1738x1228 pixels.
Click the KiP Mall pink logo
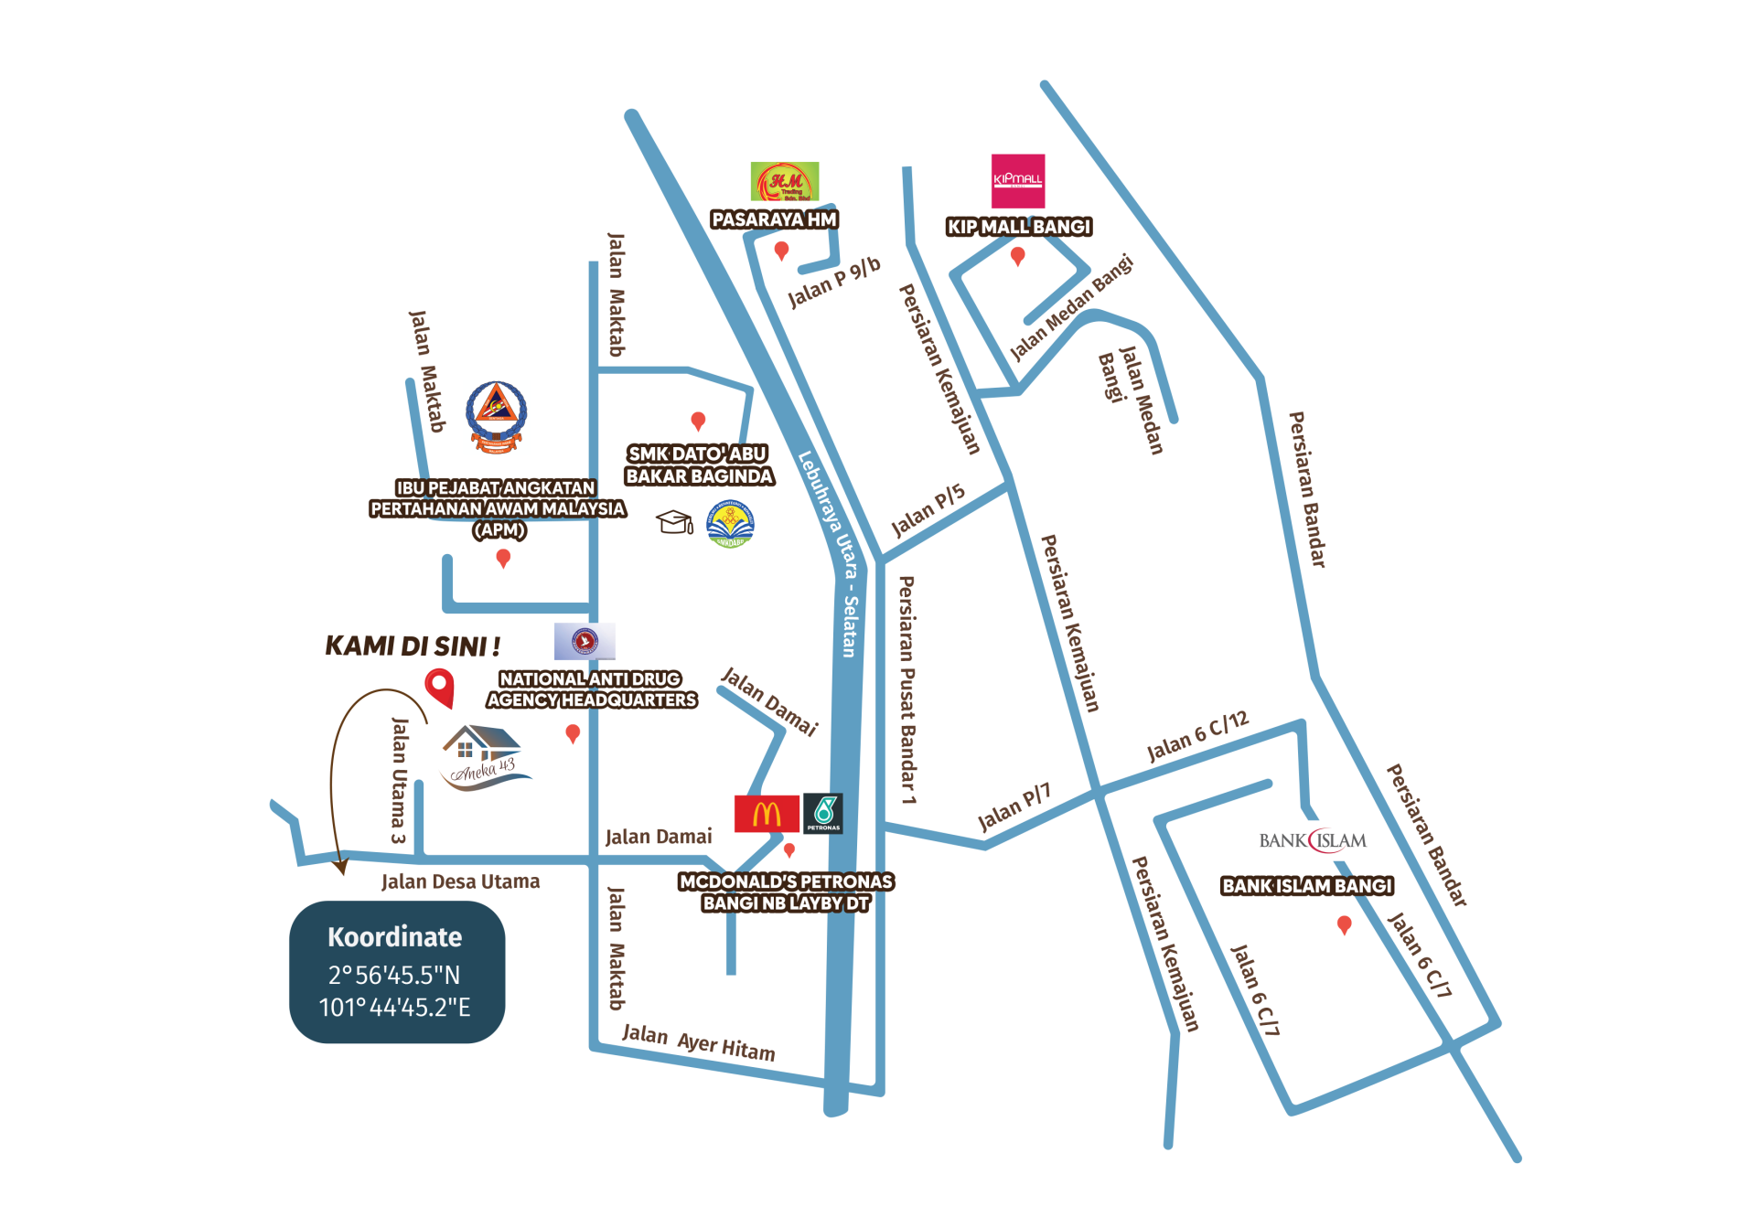pos(1018,180)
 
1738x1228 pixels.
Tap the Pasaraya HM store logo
pos(784,181)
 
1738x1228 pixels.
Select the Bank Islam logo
pos(1314,840)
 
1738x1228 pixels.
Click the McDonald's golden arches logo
pos(767,813)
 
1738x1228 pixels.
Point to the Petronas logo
pos(822,813)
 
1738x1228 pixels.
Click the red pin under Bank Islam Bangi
pos(1344,925)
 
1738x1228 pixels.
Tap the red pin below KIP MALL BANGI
pos(1017,256)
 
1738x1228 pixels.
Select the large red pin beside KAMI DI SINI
pos(439,686)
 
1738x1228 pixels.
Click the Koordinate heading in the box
pos(395,937)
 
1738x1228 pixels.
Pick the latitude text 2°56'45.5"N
pos(394,975)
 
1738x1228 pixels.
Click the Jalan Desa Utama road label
pos(460,881)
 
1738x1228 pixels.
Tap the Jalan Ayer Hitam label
pos(698,1042)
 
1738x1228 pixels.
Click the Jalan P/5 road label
pos(928,510)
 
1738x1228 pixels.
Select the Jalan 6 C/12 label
pos(1197,736)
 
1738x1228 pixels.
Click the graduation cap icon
pos(675,522)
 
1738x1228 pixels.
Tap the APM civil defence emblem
pos(497,417)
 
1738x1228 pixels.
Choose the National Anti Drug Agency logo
pos(585,641)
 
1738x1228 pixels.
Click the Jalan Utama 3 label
pos(399,779)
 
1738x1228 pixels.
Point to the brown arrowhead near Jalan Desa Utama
pos(341,866)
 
